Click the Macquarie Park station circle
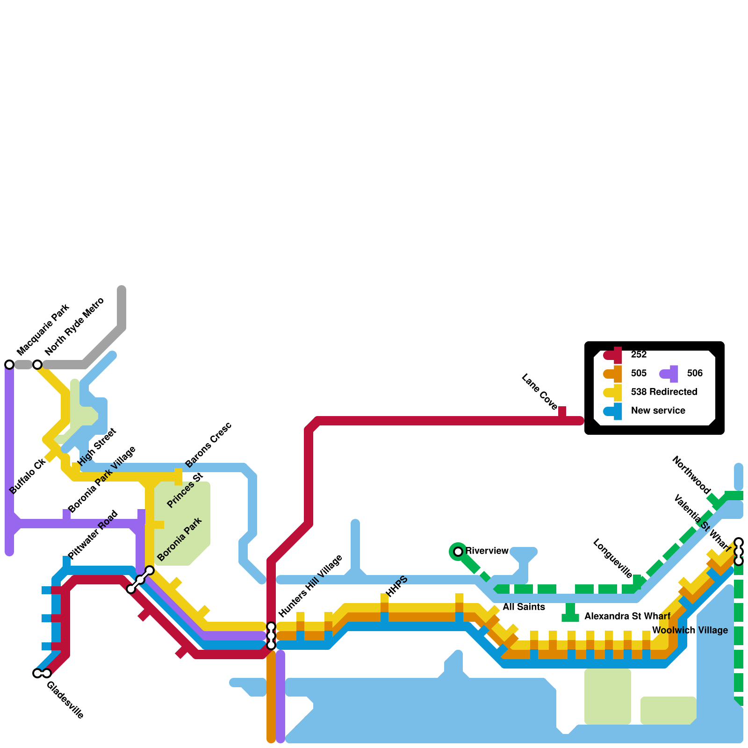point(9,364)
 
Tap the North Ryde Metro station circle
point(37,364)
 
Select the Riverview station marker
point(458,551)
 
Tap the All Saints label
point(524,607)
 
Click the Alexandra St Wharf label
point(627,616)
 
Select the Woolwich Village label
point(690,630)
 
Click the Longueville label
point(612,558)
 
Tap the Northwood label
point(691,475)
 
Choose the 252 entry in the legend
point(639,354)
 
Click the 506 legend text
point(695,373)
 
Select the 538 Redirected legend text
point(664,392)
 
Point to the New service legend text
point(658,410)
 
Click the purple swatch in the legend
point(669,374)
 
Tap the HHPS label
point(398,586)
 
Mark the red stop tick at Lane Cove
point(562,412)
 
